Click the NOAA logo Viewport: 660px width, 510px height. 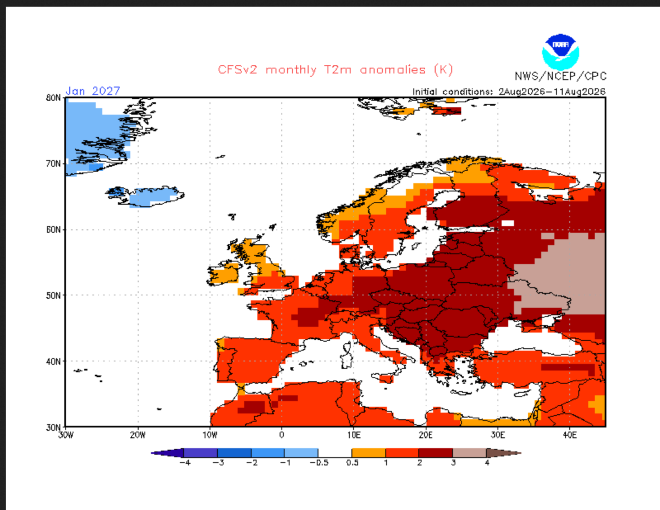(x=560, y=51)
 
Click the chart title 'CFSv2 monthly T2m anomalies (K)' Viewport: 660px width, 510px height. (x=335, y=70)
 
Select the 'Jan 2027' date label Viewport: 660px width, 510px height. (x=93, y=91)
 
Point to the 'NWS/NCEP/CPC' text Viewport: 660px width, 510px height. (x=561, y=76)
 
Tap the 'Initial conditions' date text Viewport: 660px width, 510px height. (x=509, y=91)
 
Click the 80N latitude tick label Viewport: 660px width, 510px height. (x=53, y=98)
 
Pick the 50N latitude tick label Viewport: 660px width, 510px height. (x=53, y=295)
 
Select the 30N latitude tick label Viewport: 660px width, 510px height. (x=53, y=427)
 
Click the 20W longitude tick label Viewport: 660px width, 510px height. (x=138, y=435)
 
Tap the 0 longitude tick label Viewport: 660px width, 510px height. (x=281, y=435)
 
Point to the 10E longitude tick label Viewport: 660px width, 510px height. (x=353, y=435)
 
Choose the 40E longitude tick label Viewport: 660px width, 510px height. (x=570, y=435)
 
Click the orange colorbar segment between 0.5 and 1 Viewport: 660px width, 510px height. (x=369, y=453)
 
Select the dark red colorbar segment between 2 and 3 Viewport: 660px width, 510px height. (x=436, y=453)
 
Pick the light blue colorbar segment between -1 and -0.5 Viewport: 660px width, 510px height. (x=301, y=453)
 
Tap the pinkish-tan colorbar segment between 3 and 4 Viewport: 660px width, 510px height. (x=470, y=453)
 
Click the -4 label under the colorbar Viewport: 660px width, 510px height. (x=185, y=463)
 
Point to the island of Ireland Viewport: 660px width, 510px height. (x=223, y=273)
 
